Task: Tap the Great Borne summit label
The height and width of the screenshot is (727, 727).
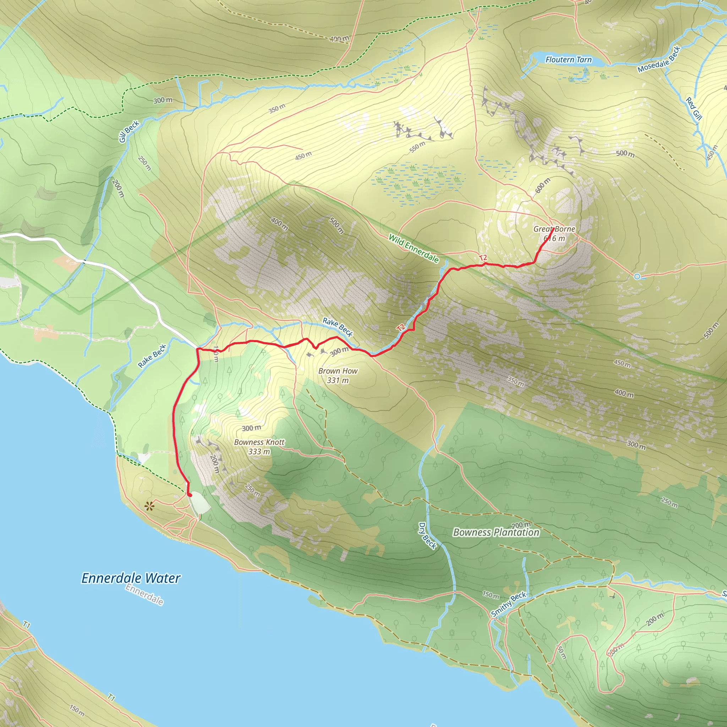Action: (x=554, y=233)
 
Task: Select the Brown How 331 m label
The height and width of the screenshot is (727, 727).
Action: (x=338, y=376)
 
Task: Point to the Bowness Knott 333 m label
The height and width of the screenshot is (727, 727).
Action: (x=259, y=447)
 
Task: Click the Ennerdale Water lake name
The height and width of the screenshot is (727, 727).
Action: (x=131, y=578)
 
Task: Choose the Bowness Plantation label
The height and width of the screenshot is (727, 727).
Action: (x=496, y=532)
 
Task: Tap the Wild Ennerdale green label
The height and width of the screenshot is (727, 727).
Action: (x=413, y=248)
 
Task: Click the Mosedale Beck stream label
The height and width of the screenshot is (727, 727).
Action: (x=658, y=59)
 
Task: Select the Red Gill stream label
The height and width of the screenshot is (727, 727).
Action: (x=694, y=109)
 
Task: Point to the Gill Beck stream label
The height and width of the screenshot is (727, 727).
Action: (x=129, y=132)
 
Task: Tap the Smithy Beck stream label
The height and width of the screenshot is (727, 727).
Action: (x=508, y=604)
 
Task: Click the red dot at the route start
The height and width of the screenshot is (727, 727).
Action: (x=190, y=495)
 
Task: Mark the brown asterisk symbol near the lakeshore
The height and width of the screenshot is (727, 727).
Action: (x=149, y=506)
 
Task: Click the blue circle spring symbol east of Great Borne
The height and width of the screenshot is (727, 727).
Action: (x=637, y=277)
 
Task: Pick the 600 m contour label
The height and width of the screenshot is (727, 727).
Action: (x=542, y=186)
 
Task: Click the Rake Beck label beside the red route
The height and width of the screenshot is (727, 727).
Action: (x=338, y=327)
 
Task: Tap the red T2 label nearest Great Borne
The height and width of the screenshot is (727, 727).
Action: (x=483, y=258)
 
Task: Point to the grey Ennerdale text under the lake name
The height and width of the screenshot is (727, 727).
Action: (x=144, y=595)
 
